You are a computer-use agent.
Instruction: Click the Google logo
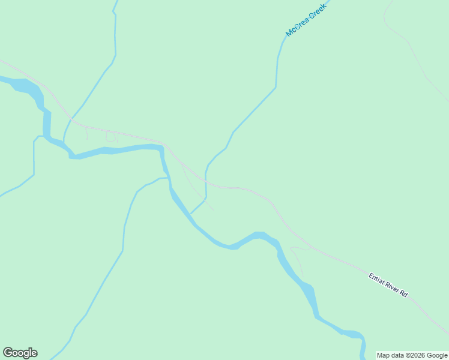[x=20, y=353]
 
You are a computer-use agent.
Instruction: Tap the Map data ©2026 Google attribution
[x=412, y=355]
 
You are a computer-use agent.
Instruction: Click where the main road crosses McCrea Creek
[x=205, y=179]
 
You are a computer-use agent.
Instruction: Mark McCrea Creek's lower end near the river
[x=192, y=212]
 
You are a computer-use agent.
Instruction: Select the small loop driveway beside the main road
[x=110, y=137]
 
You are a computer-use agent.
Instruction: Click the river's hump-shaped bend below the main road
[x=259, y=235]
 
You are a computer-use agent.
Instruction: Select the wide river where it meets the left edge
[x=2, y=79]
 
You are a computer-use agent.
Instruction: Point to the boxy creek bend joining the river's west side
[x=36, y=138]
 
